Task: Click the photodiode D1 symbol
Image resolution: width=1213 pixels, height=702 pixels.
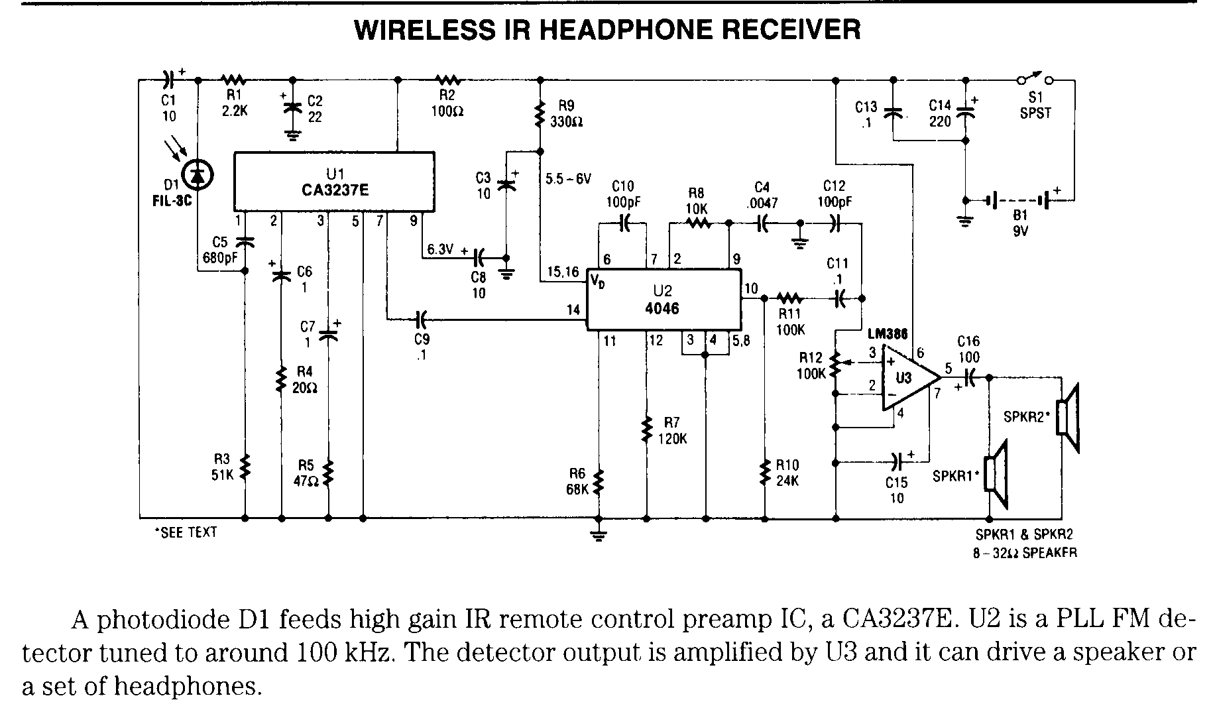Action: (198, 174)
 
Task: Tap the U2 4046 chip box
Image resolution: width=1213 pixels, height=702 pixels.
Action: (663, 300)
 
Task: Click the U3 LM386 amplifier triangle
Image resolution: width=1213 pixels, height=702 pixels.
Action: (907, 379)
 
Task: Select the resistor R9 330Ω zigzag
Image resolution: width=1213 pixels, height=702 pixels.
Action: (540, 115)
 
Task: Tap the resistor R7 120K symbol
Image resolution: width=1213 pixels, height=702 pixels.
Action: (646, 430)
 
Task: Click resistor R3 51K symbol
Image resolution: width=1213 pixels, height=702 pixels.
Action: (245, 466)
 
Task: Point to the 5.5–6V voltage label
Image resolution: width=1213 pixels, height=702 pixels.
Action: (569, 179)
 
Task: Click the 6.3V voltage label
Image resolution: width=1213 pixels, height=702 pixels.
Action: (440, 249)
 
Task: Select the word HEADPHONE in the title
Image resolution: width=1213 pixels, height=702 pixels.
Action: (637, 29)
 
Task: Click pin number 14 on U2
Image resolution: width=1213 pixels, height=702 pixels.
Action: (573, 310)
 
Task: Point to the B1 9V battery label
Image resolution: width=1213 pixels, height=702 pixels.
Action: (1019, 223)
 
